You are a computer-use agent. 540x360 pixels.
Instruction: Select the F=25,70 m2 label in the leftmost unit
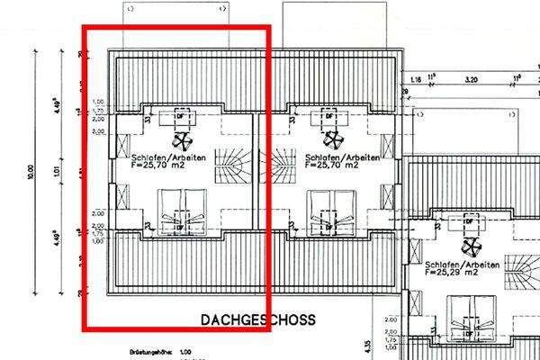(x=158, y=166)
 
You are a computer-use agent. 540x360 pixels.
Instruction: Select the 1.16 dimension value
(x=415, y=79)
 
